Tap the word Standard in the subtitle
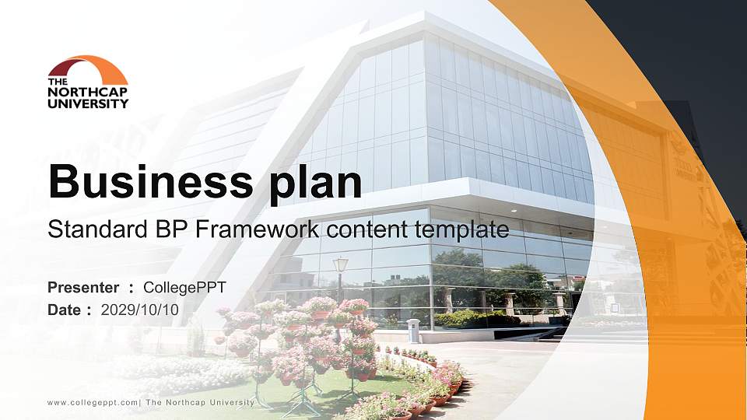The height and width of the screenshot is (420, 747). [88, 229]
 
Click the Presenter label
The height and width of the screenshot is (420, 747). [83, 288]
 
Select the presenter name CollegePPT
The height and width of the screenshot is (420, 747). [185, 288]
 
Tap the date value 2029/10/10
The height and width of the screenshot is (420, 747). [140, 310]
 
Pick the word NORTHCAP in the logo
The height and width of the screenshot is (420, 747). [87, 92]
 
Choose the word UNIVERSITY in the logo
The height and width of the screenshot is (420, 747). [88, 103]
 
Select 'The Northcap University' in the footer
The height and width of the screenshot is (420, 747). [200, 402]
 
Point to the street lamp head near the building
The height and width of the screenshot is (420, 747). [341, 265]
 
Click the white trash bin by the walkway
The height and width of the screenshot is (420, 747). [413, 331]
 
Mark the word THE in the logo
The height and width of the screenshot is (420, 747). [57, 82]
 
